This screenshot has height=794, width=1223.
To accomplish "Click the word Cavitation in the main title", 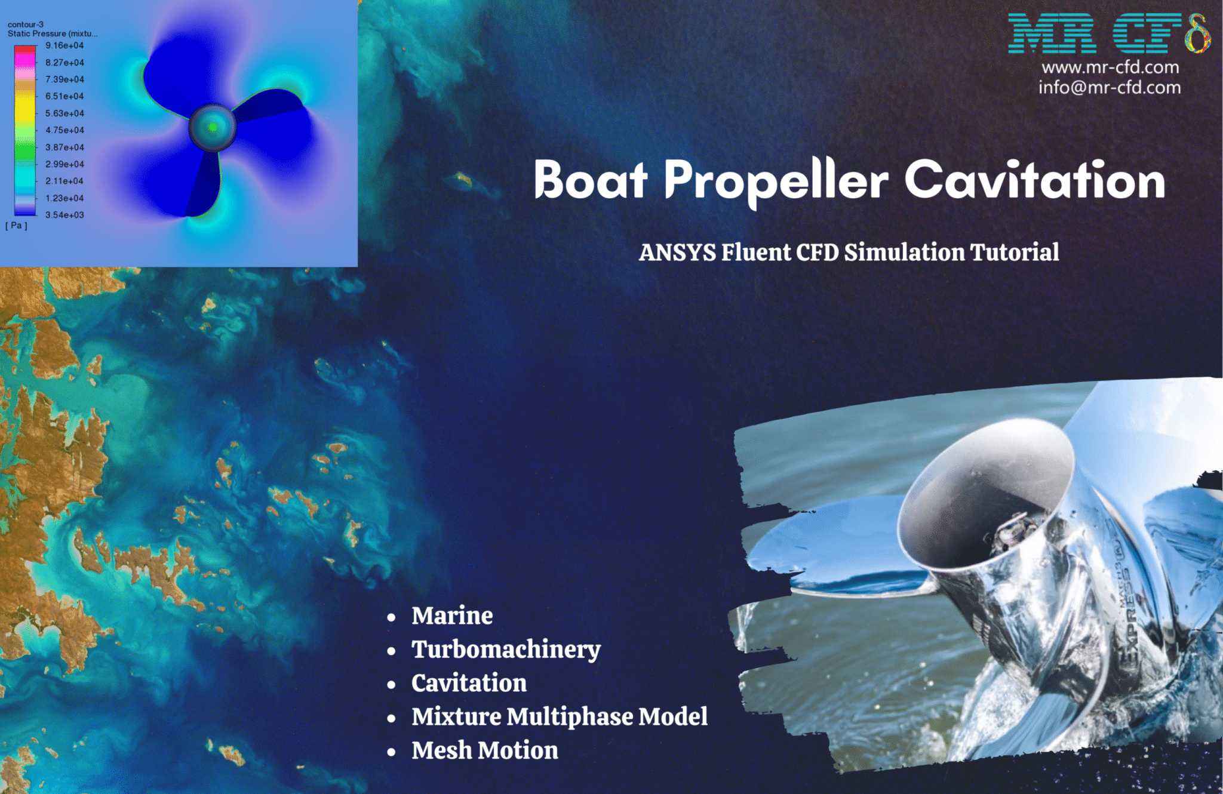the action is [1034, 179].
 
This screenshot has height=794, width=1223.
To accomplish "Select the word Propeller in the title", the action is [776, 182].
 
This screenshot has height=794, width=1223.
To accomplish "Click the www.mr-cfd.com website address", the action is [1111, 67].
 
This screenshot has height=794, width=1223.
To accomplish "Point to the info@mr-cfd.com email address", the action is [1110, 87].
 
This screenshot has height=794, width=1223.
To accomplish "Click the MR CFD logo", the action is [1110, 33].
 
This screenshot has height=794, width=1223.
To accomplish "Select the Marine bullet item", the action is [452, 615].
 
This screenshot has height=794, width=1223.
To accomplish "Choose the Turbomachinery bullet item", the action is [506, 650].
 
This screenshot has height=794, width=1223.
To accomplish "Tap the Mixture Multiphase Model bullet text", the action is [560, 716].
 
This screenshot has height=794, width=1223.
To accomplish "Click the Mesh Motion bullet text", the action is [485, 750].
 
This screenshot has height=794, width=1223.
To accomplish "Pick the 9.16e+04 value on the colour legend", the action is [64, 45].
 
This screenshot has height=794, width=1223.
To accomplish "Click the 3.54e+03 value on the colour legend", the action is [64, 215].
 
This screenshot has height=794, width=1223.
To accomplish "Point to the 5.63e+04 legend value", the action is [64, 113].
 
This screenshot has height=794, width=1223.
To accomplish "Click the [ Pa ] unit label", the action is [17, 226].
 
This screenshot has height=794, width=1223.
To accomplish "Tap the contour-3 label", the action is [25, 24].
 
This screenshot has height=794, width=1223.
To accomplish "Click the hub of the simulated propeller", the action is [213, 127].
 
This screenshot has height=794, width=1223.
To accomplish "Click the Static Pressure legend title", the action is [53, 33].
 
